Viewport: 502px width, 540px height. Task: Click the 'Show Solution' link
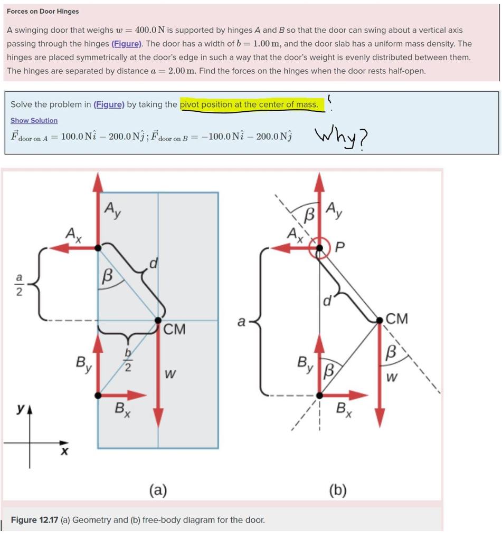[x=34, y=121]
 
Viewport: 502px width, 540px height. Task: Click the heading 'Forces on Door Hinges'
[x=43, y=11]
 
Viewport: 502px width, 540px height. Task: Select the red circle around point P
[x=319, y=247]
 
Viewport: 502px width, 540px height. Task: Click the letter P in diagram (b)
[x=339, y=248]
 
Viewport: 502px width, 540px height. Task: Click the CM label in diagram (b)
[x=396, y=319]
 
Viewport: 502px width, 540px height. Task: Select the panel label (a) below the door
[x=157, y=490]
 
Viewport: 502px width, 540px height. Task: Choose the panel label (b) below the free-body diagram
[x=338, y=490]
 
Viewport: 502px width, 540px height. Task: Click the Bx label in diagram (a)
[x=123, y=409]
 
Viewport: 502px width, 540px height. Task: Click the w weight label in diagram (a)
[x=170, y=375]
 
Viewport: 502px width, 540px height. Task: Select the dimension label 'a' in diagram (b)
[x=241, y=321]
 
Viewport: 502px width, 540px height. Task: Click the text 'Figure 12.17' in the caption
[x=34, y=520]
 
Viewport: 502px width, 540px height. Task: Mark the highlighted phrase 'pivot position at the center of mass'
[x=249, y=104]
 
